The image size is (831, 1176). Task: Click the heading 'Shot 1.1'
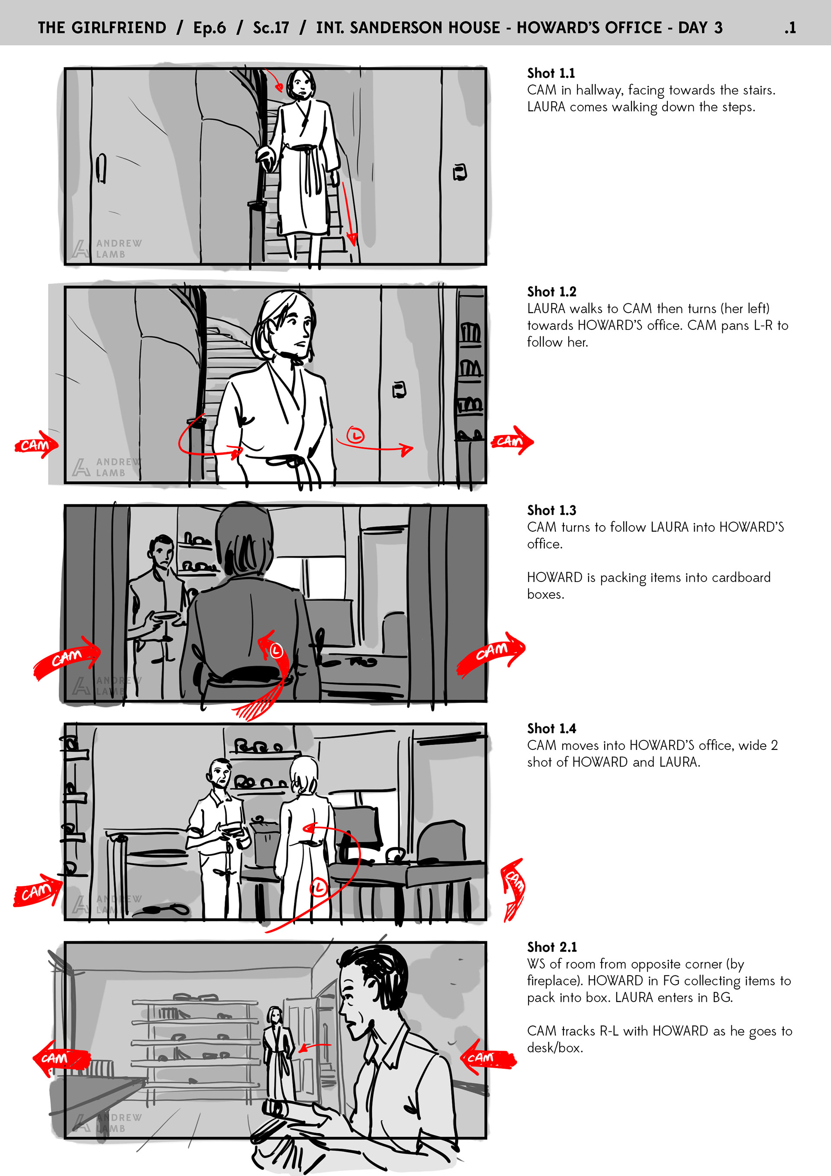click(551, 73)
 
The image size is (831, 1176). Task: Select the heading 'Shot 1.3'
click(551, 510)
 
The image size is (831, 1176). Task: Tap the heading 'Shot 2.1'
click(552, 947)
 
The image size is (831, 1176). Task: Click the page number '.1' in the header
click(790, 28)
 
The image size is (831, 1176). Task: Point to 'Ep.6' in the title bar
click(209, 28)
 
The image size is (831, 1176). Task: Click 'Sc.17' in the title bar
click(271, 28)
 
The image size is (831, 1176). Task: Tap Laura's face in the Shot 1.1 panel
click(301, 86)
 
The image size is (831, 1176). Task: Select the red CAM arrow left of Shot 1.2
click(36, 443)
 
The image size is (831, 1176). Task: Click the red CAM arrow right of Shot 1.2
click(512, 440)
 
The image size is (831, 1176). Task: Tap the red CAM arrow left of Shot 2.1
click(61, 1058)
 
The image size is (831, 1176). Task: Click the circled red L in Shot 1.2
click(355, 435)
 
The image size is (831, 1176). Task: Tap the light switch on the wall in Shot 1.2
click(399, 390)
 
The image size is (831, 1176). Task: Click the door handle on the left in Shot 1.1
click(101, 168)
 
